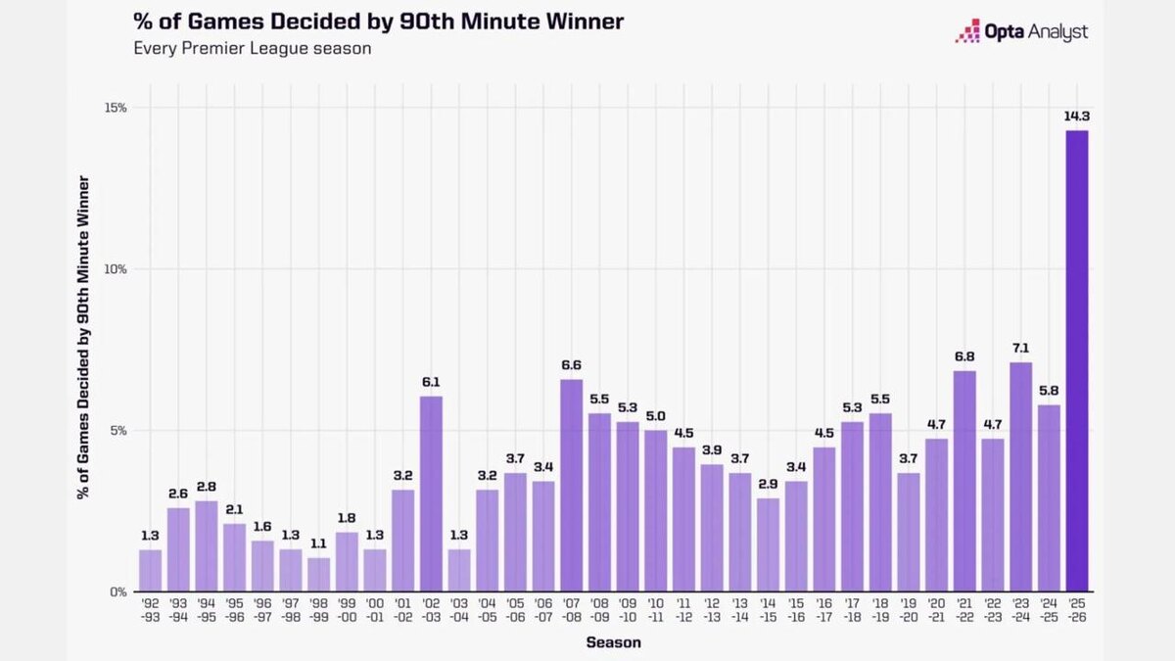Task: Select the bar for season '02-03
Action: pos(431,494)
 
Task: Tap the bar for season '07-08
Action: pos(572,485)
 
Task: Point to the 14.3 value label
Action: pos(1076,116)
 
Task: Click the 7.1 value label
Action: pos(1020,348)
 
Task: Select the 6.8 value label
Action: pos(964,356)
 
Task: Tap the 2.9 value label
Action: pos(768,483)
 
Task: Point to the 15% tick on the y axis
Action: pos(116,108)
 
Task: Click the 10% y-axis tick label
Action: pos(116,269)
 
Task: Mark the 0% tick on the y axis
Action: pos(118,591)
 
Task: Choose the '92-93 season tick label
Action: pos(151,610)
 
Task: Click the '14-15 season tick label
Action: pos(768,610)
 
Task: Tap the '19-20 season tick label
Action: pos(908,610)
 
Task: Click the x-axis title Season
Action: pos(614,642)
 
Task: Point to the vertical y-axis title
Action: pos(84,338)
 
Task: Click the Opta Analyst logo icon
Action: pos(967,32)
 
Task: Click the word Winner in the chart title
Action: pos(578,21)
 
